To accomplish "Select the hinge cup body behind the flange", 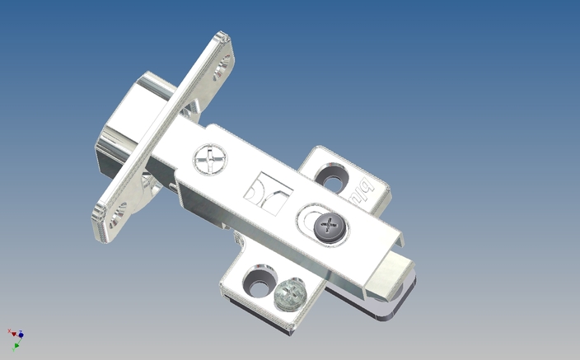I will click(x=124, y=124).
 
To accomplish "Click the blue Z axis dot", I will click(x=21, y=334).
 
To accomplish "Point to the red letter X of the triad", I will click(x=9, y=330).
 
